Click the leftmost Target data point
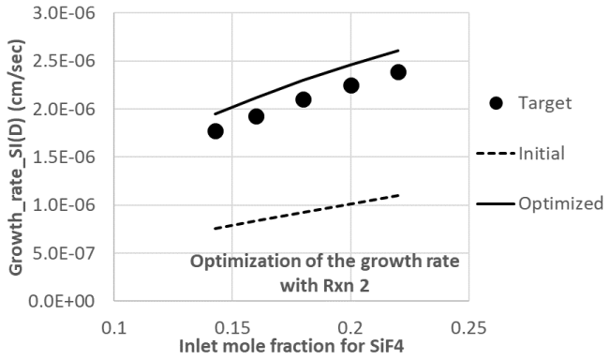click(x=215, y=131)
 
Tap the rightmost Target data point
click(x=398, y=72)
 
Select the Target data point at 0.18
click(x=303, y=99)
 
